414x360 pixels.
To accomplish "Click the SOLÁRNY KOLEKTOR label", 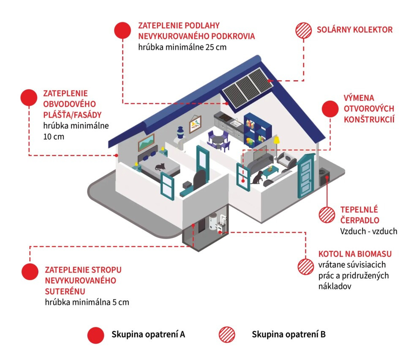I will click(x=355, y=30).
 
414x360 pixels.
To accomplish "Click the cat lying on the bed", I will click(x=160, y=166).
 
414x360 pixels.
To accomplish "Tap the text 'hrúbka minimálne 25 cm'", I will click(x=182, y=47).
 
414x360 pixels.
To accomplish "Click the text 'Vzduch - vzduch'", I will click(x=368, y=231).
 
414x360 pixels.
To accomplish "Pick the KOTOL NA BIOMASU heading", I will click(x=355, y=254).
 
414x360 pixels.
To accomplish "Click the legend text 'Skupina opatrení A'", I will click(x=148, y=335).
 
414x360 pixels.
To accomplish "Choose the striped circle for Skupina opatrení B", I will click(x=227, y=335).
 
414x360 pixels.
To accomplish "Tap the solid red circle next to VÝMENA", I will click(x=330, y=109).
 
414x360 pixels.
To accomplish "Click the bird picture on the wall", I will click(x=195, y=123).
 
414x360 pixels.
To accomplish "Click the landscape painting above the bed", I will click(x=146, y=142).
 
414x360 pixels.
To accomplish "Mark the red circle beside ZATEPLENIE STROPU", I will click(x=30, y=272).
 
